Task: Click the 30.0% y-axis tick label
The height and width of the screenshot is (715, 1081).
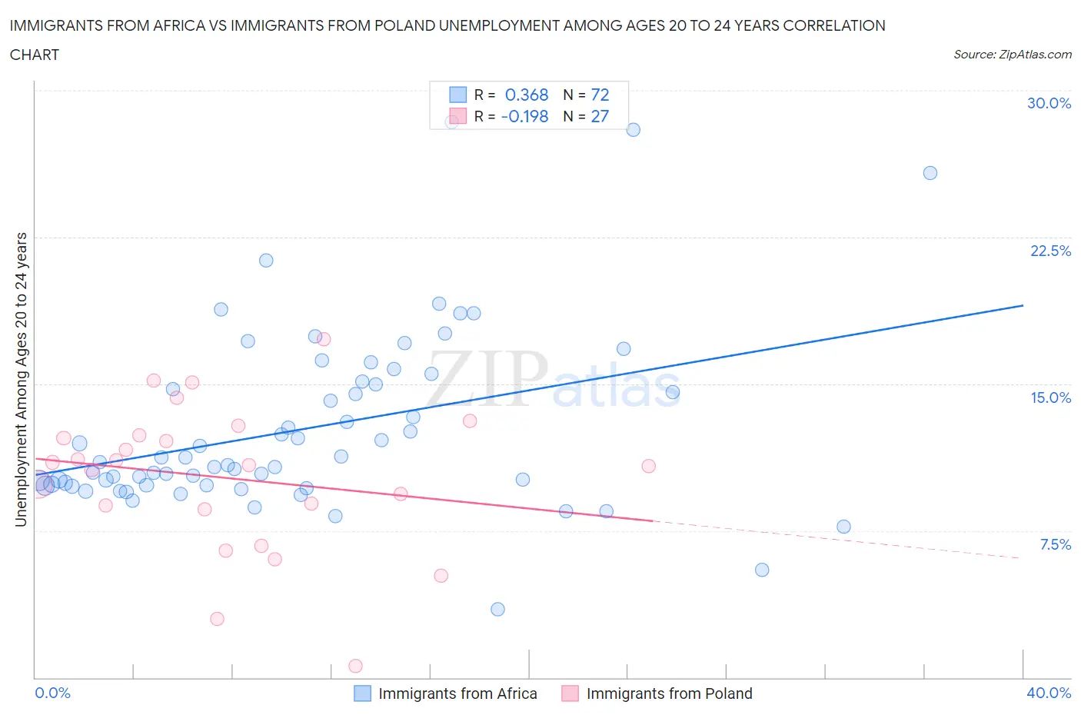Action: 1049,103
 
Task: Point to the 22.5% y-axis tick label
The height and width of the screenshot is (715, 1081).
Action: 1050,251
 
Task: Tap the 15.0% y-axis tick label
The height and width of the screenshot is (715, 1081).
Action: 1050,397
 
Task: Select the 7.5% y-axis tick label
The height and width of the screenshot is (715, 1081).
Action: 1055,544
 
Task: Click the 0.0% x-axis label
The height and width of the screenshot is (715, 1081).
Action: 52,693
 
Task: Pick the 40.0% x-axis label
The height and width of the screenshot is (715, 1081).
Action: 1049,693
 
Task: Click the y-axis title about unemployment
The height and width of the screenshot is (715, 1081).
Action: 21,379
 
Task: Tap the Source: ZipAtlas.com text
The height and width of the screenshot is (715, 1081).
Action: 1012,54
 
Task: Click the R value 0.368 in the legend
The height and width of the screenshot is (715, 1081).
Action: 526,95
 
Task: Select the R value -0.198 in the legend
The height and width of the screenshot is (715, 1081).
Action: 524,116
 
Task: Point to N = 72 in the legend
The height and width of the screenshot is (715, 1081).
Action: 586,95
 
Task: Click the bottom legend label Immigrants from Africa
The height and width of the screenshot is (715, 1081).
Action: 457,693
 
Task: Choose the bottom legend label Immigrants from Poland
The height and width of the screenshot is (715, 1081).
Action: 669,693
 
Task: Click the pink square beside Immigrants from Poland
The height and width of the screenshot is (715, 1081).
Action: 570,693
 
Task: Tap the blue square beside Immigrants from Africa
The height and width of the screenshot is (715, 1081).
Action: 362,693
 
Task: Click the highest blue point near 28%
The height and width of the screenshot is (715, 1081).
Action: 633,130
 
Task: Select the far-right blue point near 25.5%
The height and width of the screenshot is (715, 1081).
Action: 930,173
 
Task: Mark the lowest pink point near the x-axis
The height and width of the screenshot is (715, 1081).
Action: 355,666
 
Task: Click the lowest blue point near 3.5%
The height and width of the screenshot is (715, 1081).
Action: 497,609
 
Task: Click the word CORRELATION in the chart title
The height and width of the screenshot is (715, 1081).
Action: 834,25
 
